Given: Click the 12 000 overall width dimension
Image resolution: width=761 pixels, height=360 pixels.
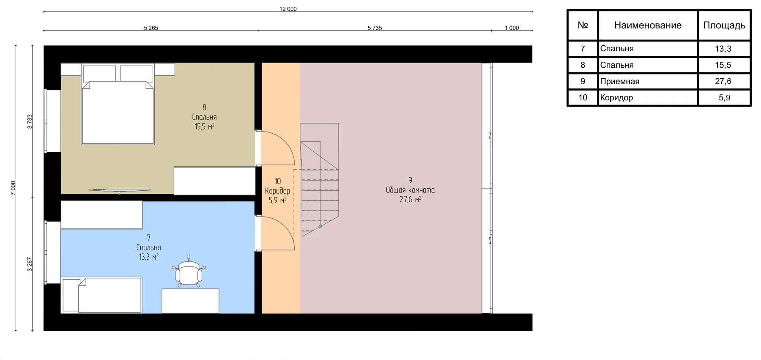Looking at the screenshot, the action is pos(288,9).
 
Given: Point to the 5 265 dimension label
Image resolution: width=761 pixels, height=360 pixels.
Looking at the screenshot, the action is pos(151,28).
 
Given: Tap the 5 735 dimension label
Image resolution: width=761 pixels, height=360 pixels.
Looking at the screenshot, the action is pos(375,28).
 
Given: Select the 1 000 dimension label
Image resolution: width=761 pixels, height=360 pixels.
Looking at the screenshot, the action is pos(512,28).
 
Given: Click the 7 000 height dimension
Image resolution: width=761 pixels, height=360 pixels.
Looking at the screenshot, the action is pos(13,188).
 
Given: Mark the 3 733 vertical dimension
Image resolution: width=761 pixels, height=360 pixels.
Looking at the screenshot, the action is pos(30,121).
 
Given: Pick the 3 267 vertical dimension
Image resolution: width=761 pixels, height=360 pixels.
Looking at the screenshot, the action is pos(30,264).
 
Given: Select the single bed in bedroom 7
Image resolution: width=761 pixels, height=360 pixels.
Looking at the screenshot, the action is pos(101,295).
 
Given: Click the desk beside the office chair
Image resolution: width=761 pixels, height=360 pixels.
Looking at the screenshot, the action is pos(190,301).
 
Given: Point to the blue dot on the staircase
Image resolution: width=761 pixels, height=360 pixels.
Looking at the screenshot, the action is pos(320,227).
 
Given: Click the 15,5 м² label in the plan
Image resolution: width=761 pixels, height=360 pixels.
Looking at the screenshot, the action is pos(204,126).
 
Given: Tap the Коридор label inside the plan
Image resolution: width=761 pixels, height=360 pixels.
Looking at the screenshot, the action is pos(277,191).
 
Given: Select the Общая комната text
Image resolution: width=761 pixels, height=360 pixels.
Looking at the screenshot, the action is pos(410,190).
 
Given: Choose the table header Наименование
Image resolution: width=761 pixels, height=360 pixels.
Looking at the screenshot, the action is pos(648,25).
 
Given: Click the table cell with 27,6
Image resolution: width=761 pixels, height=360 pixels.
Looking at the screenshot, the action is pos(723,81).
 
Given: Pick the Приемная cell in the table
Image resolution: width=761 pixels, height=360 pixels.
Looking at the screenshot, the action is pos(620,82).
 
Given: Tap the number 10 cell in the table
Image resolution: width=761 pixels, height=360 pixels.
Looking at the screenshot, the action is pos(583,98).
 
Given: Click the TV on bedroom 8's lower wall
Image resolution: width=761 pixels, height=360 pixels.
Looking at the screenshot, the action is pos(120,190).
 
